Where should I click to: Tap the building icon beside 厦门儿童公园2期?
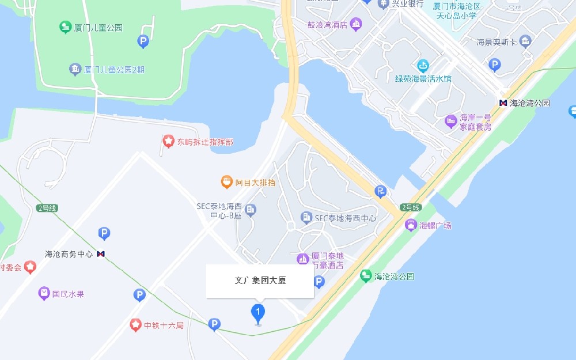point(75,70)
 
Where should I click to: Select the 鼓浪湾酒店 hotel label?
point(327,25)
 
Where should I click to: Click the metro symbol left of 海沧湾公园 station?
point(503,103)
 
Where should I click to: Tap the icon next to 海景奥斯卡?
point(525,41)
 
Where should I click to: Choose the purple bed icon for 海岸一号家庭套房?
point(450,122)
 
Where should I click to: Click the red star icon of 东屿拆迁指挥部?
point(168,141)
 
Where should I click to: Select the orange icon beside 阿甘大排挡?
point(226,183)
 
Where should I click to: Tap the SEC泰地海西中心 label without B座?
point(346,218)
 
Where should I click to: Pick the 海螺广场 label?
point(435,225)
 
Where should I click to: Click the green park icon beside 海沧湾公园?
point(365,276)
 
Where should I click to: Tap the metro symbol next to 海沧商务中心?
point(101,253)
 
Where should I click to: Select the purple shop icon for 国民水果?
point(44,294)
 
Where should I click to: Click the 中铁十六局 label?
point(164,325)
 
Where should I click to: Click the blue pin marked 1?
point(258,313)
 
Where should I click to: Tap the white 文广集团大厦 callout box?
point(260,281)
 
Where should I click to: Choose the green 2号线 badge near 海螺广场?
point(411,207)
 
